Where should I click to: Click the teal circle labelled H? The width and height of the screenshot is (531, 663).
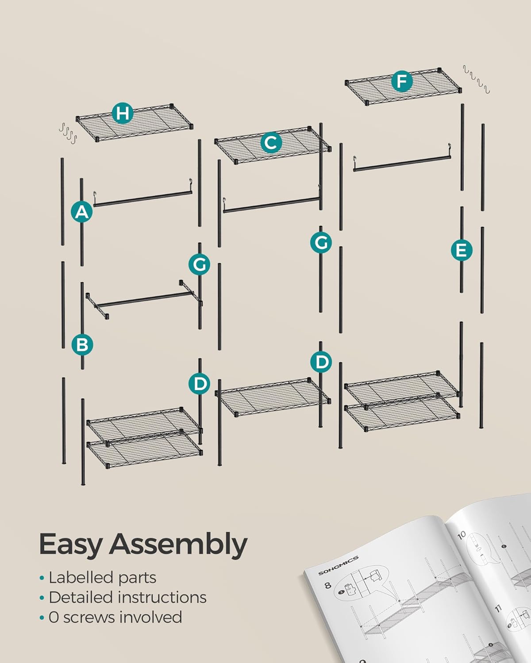tap(123, 113)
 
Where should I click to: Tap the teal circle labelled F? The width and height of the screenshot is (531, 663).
tap(401, 82)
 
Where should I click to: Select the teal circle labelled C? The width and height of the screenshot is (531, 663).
tap(271, 143)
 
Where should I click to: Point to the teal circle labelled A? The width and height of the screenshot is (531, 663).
tap(81, 212)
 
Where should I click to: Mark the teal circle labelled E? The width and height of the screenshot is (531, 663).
tap(461, 250)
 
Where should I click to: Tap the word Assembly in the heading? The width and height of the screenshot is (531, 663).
tap(178, 544)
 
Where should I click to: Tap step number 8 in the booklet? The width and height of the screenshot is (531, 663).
tap(328, 586)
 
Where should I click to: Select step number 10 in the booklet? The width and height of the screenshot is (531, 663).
tap(462, 535)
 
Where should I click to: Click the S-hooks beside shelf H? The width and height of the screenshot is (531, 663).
tap(68, 132)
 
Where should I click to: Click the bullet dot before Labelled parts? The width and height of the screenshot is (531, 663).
tap(42, 578)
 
